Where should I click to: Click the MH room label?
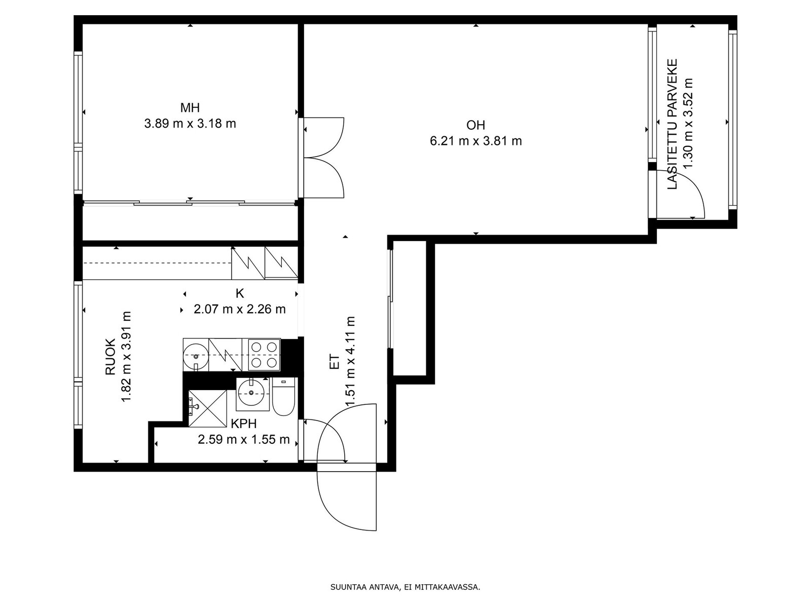[190, 108]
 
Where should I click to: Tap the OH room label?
[475, 126]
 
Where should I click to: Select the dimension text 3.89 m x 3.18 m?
[190, 123]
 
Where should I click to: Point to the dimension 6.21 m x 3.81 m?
[475, 141]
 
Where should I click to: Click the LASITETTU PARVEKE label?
[673, 124]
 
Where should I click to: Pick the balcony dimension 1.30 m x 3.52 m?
[688, 123]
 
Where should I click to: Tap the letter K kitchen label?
[240, 293]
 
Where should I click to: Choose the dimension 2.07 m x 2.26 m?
[240, 309]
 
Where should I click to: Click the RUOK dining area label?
[110, 357]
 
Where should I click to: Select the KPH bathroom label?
[243, 424]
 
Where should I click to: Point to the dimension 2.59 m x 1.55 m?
[243, 439]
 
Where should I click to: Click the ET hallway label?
[334, 362]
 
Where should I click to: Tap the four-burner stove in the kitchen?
[264, 354]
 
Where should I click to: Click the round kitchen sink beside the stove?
[196, 356]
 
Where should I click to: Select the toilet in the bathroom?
[283, 396]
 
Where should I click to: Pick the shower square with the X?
[207, 409]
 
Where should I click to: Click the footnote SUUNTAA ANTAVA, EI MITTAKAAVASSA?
[405, 587]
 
